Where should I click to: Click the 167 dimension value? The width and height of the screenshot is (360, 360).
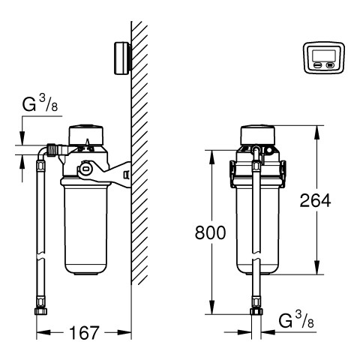point(84,333)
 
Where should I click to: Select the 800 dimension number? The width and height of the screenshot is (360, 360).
point(210,232)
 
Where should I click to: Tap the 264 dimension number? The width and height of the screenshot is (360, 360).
point(315,200)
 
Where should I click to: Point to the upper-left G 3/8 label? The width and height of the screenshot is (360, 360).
point(40,103)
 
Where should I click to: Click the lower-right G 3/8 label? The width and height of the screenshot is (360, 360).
point(296,320)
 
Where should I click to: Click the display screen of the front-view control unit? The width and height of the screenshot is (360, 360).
point(324,55)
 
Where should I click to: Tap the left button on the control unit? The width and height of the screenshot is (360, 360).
point(318,65)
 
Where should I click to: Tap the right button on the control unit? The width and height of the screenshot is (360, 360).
point(330,65)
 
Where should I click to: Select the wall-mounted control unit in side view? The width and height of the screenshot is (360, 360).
point(122,58)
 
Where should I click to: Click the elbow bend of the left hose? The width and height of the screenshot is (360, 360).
point(41,151)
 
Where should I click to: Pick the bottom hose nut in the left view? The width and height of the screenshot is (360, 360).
point(40,311)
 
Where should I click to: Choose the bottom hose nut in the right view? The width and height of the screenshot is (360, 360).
point(256,311)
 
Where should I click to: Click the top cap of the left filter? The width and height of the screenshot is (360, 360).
point(86,135)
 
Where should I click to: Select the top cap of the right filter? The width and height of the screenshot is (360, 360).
point(258,135)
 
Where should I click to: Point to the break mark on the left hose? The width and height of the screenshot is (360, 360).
point(40,257)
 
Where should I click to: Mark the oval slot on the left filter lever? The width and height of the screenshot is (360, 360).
point(85,169)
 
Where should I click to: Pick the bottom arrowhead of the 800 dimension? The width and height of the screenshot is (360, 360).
point(211,307)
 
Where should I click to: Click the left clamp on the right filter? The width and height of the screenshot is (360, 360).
point(232,174)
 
